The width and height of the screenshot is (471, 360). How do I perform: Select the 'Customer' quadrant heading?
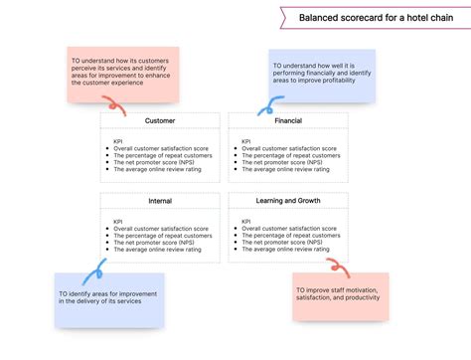coord(160,121)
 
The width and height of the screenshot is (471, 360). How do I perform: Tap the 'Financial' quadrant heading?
coord(287,121)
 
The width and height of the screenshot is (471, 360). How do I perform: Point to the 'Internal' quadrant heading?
coord(160,201)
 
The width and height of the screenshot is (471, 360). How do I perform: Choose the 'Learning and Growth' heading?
coord(288,201)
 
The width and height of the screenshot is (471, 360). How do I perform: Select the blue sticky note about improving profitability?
coord(322,76)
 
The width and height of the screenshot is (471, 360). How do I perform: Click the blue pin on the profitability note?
coord(268,102)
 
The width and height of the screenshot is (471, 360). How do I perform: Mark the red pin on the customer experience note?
coord(132,102)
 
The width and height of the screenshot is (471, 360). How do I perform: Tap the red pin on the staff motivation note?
coord(338,267)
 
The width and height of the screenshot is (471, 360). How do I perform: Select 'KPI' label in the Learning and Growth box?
coord(246,222)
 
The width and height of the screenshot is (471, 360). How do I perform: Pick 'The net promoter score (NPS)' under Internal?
coord(160,243)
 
